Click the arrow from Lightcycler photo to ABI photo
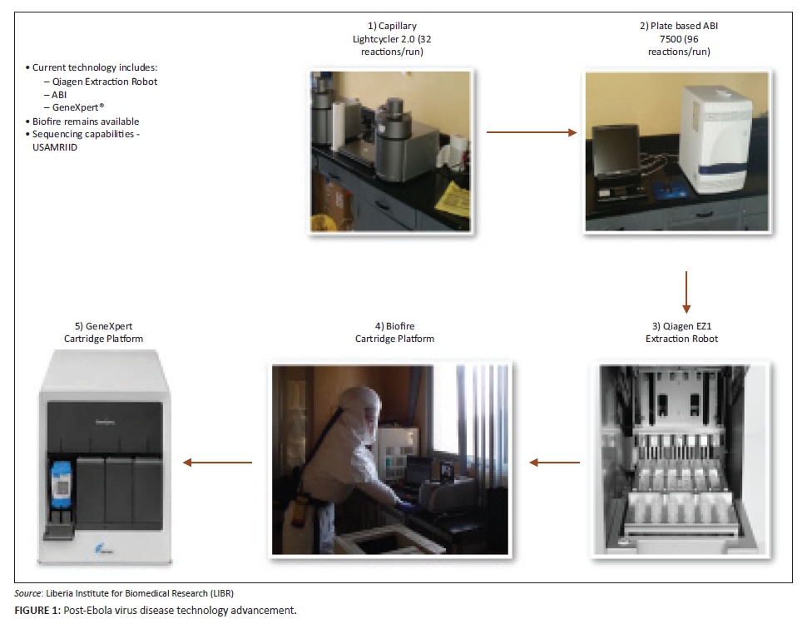coord(532,131)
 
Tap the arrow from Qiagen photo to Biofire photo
coord(556,462)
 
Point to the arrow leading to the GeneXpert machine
coord(217,462)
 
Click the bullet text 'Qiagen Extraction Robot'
coord(104,82)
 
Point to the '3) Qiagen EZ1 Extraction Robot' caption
coord(681,332)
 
